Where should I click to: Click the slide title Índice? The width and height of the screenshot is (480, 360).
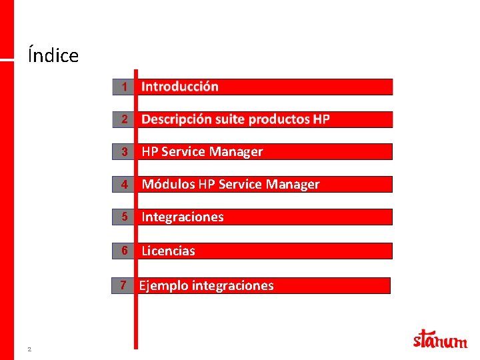pyautogui.click(x=53, y=55)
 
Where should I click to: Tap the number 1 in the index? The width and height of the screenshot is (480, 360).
pyautogui.click(x=124, y=87)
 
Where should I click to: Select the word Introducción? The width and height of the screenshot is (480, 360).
pyautogui.click(x=180, y=87)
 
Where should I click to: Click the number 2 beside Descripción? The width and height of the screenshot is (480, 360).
pyautogui.click(x=124, y=119)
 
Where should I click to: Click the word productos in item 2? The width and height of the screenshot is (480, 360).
pyautogui.click(x=279, y=119)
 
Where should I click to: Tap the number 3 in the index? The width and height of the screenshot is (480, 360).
pyautogui.click(x=124, y=152)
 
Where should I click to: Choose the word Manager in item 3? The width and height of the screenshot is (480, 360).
pyautogui.click(x=236, y=152)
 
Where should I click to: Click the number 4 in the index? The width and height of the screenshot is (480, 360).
pyautogui.click(x=124, y=185)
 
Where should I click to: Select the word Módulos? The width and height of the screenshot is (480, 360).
pyautogui.click(x=168, y=185)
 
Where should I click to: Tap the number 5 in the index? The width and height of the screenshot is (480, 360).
pyautogui.click(x=124, y=217)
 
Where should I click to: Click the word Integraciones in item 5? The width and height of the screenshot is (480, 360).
pyautogui.click(x=183, y=217)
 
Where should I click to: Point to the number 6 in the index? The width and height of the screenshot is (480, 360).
pyautogui.click(x=124, y=251)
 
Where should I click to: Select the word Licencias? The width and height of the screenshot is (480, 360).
pyautogui.click(x=168, y=251)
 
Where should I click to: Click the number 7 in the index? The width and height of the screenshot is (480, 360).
pyautogui.click(x=123, y=286)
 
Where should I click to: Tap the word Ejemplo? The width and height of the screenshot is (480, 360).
pyautogui.click(x=163, y=286)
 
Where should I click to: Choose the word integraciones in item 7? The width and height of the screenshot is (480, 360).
pyautogui.click(x=233, y=286)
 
